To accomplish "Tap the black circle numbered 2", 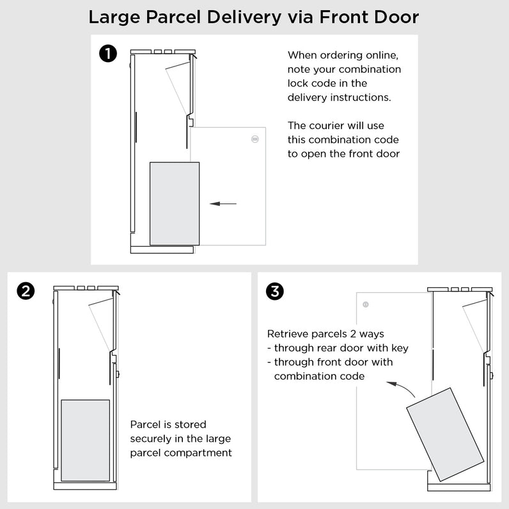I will tap(25, 292).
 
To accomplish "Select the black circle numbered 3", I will tap(275, 292).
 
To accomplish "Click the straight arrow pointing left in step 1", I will tap(223, 204).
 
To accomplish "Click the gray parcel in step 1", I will tap(175, 203).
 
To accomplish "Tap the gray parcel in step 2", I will tap(85, 440).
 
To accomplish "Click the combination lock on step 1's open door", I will tap(255, 139).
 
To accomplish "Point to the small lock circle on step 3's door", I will tap(366, 304).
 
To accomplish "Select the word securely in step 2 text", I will tap(154, 439).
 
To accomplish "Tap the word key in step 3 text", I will tap(399, 348).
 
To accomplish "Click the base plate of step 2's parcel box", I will tap(85, 486).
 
